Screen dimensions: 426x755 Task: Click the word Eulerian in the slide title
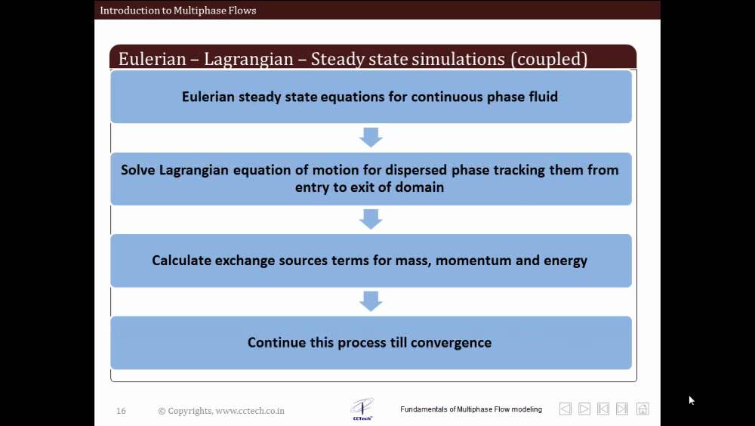click(x=153, y=59)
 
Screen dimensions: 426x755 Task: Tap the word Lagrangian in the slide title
click(x=248, y=59)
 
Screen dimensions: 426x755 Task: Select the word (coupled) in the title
click(x=549, y=59)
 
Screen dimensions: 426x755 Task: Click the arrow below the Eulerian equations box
click(x=371, y=137)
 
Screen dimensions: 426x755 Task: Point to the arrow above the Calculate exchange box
click(x=371, y=219)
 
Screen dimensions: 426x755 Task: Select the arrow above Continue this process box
click(x=371, y=301)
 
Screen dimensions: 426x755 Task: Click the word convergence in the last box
click(x=451, y=343)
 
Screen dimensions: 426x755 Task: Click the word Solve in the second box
click(x=138, y=170)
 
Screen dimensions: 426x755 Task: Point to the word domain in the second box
click(x=419, y=187)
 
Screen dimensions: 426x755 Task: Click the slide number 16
click(x=121, y=411)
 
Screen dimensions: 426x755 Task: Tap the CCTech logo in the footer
click(x=362, y=409)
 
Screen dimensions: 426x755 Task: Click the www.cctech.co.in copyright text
click(x=250, y=411)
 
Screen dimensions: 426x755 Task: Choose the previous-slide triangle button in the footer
click(x=565, y=409)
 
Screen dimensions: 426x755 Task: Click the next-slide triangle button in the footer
click(x=584, y=409)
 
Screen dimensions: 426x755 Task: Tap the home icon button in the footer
click(x=643, y=409)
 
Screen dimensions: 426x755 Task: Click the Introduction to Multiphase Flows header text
click(x=178, y=10)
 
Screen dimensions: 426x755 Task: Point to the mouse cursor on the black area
click(x=692, y=400)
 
